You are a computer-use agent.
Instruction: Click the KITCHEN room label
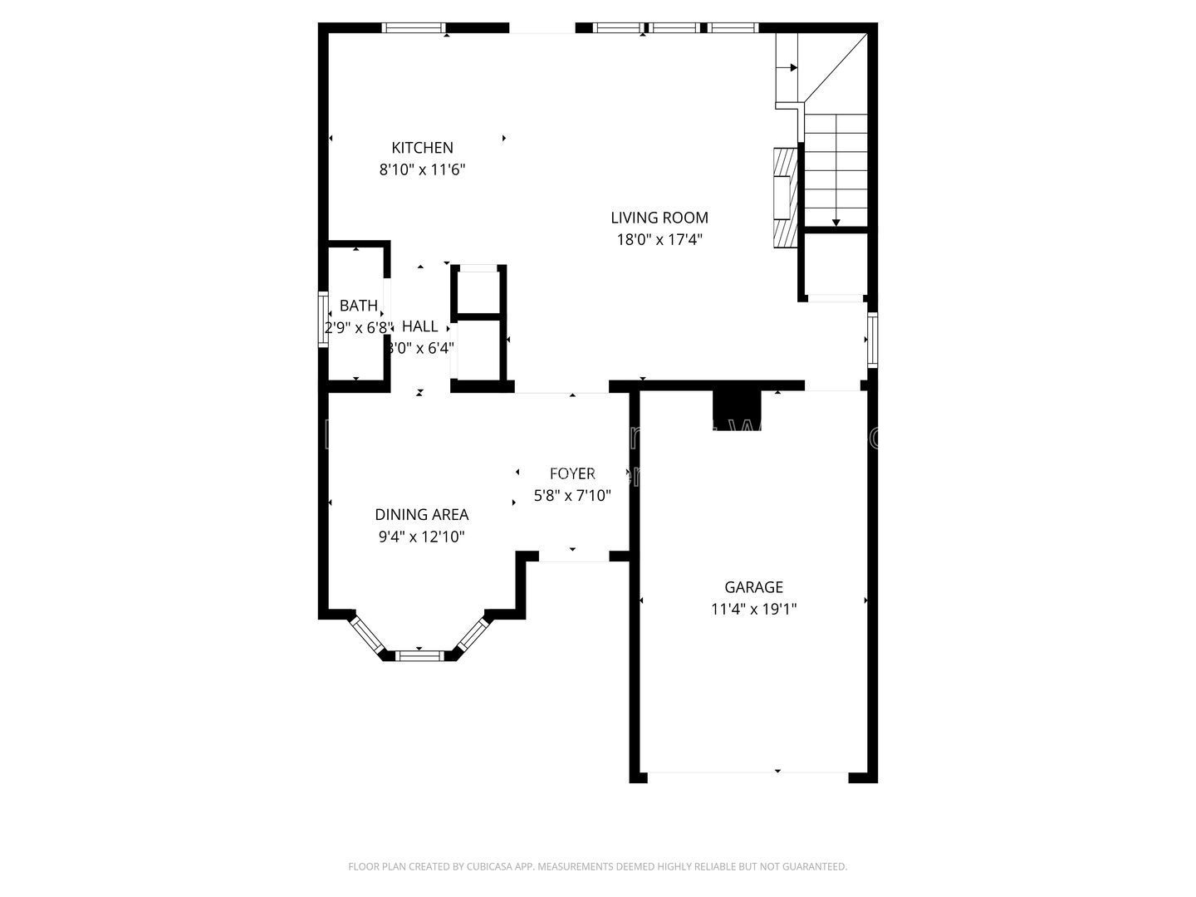(x=422, y=148)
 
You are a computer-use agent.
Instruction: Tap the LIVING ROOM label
(x=659, y=218)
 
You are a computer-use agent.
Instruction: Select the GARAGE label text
(x=753, y=587)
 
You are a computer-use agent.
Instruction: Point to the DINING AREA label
(x=421, y=515)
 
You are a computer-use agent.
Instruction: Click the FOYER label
(x=572, y=473)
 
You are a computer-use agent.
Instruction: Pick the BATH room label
(x=358, y=306)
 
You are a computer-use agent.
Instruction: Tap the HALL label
(x=419, y=326)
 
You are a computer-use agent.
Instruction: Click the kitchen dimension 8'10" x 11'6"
(x=422, y=170)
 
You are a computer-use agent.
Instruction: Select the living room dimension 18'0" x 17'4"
(x=659, y=240)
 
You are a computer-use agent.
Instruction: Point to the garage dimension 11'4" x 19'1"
(x=753, y=609)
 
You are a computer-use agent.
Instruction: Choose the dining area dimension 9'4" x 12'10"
(x=421, y=537)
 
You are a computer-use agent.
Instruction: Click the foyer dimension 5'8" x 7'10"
(x=572, y=496)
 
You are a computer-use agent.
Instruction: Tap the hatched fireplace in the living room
(x=783, y=198)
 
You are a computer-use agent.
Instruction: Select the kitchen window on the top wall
(x=414, y=28)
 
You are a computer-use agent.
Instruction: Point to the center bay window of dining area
(x=420, y=655)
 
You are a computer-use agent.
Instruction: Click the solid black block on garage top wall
(x=737, y=408)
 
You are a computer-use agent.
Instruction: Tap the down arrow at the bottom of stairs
(x=836, y=222)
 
